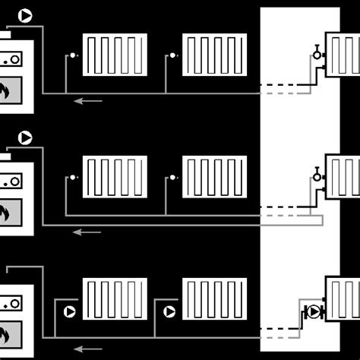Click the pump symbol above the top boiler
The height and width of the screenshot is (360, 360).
25,14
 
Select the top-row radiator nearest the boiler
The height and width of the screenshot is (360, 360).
115,55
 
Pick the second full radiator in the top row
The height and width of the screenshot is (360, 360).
215,55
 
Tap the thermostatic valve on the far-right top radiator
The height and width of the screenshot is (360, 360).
316,53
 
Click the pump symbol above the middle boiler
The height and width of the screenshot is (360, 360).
25,137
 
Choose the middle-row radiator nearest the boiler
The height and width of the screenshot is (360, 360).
115,177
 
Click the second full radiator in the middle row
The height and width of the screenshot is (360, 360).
215,177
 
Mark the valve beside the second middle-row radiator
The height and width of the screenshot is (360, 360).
172,177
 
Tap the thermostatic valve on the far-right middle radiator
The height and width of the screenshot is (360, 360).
316,176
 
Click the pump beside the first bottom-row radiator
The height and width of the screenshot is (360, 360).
70,311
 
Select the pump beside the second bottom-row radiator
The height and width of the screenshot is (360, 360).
169,311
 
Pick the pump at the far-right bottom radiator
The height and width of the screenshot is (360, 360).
312,311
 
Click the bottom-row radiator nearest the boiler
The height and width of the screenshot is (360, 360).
115,299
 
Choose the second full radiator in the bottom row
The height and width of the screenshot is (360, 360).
215,299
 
